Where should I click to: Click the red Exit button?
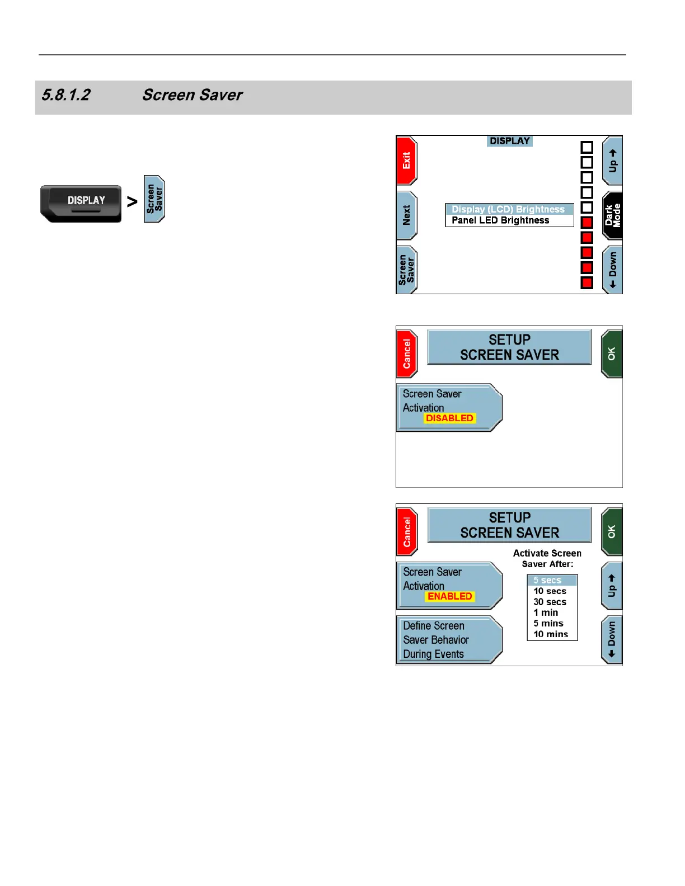coord(406,161)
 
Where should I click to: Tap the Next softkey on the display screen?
coord(406,215)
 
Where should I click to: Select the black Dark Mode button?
coord(613,215)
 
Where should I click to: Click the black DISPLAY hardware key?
coord(81,202)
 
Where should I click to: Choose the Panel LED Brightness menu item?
coord(500,220)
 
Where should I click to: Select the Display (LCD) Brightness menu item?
coord(508,209)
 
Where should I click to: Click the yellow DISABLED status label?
coord(449,418)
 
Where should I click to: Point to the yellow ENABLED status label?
coord(450,596)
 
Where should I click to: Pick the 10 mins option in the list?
coord(551,634)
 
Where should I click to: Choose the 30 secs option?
coord(550,602)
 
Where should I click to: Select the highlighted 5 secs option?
coord(547,581)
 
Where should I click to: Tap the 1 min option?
coord(546,612)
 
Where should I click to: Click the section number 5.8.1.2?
coord(65,95)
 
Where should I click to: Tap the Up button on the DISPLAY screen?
coord(613,161)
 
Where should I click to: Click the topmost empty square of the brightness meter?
coord(587,148)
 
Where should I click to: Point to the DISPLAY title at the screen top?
coord(509,141)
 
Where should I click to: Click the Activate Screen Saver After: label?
coord(547,558)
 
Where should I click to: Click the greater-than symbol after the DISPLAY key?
coord(132,201)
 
